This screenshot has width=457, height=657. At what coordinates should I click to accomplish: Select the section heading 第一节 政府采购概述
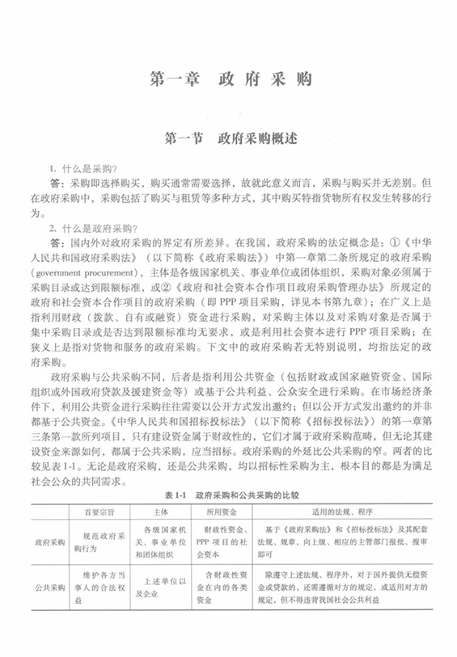(x=230, y=138)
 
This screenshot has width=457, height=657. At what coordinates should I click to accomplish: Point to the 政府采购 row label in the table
(x=45, y=543)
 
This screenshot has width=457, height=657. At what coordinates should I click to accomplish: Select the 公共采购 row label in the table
(x=45, y=596)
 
